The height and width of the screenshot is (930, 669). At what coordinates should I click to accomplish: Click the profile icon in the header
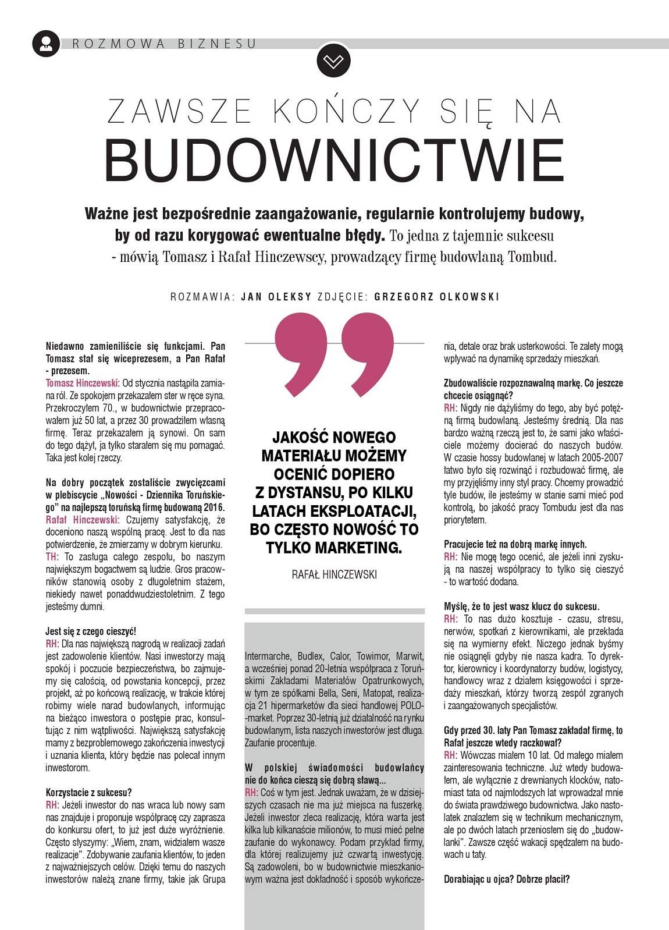click(x=46, y=43)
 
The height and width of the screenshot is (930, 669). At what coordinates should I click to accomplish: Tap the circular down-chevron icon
click(x=334, y=61)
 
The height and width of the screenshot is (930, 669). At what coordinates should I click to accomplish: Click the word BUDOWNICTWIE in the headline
click(x=334, y=161)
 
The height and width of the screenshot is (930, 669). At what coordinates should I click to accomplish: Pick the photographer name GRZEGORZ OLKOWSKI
click(x=437, y=297)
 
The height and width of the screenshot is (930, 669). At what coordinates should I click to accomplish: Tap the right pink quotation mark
click(x=368, y=353)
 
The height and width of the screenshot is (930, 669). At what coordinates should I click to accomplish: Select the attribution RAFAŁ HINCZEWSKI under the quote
click(x=334, y=575)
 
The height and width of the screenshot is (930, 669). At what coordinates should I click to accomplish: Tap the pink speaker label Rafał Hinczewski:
click(x=83, y=520)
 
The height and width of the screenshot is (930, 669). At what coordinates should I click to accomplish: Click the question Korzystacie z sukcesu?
click(x=88, y=793)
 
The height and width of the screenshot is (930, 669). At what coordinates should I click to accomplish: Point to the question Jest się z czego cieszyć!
click(x=91, y=631)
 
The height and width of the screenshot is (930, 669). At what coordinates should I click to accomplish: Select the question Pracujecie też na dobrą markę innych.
click(x=515, y=544)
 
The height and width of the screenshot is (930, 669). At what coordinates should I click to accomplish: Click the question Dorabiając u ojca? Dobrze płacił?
click(x=506, y=879)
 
